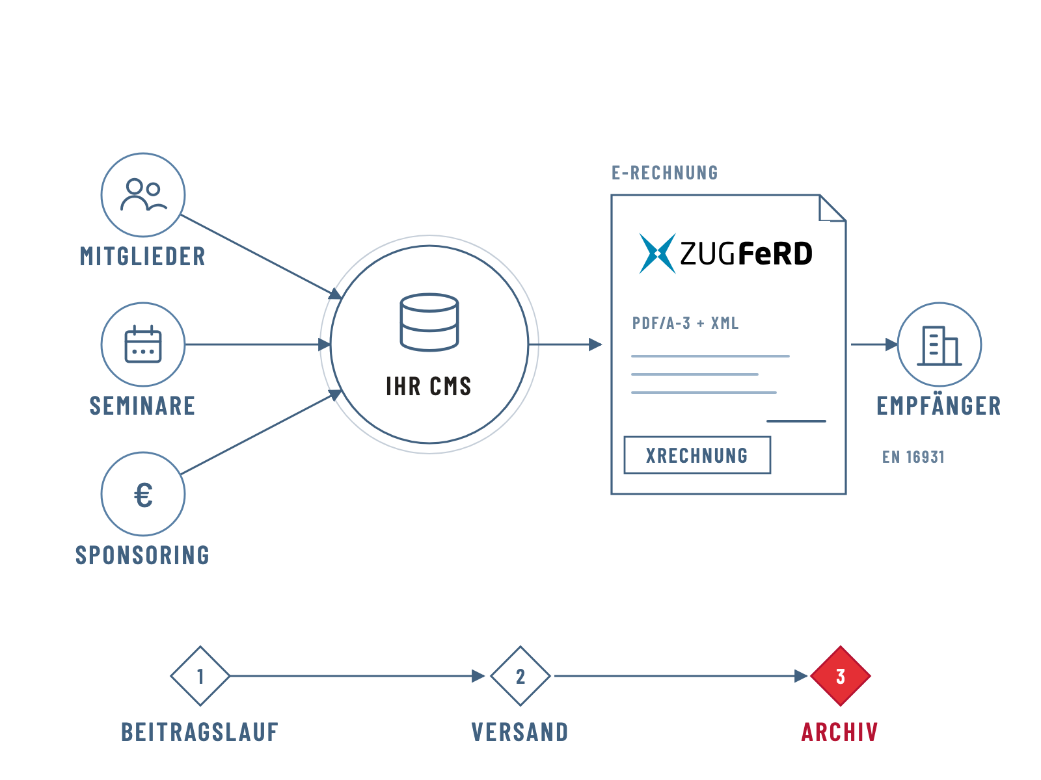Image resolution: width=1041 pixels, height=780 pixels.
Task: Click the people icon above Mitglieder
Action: click(x=143, y=194)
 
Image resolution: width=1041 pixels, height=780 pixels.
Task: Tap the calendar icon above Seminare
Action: click(x=143, y=344)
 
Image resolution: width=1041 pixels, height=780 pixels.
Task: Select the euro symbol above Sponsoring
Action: click(x=143, y=495)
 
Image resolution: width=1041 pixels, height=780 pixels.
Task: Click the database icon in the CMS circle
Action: click(x=429, y=322)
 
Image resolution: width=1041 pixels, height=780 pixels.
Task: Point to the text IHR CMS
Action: click(x=429, y=386)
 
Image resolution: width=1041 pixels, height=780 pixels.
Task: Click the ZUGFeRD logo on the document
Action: click(x=725, y=253)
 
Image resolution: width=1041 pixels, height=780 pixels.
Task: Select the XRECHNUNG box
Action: click(x=697, y=455)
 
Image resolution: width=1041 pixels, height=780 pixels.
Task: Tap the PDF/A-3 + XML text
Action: click(x=685, y=324)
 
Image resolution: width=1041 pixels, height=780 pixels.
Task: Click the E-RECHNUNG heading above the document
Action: click(x=665, y=173)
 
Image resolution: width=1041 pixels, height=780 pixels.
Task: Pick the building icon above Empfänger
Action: click(x=939, y=346)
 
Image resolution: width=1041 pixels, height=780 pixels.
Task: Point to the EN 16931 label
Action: click(x=913, y=457)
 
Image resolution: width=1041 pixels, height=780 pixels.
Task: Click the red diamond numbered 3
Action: click(x=841, y=676)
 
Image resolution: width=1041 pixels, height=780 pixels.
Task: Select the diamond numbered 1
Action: click(x=200, y=676)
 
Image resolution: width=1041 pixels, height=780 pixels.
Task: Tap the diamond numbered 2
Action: click(x=520, y=676)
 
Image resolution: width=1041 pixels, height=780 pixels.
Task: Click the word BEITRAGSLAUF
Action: click(x=200, y=732)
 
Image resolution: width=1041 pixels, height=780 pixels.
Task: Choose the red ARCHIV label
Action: click(x=840, y=732)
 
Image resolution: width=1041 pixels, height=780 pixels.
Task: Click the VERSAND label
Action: click(x=520, y=732)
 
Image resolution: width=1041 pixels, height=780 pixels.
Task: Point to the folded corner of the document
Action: click(x=832, y=208)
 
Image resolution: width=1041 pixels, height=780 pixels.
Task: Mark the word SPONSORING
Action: click(x=142, y=556)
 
